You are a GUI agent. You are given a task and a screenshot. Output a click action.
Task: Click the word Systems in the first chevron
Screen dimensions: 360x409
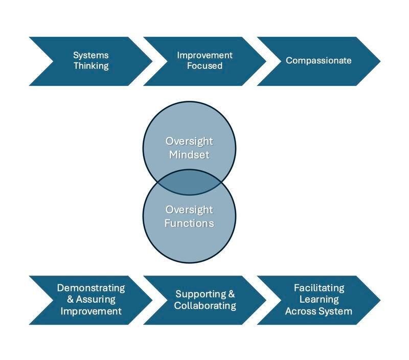(91, 55)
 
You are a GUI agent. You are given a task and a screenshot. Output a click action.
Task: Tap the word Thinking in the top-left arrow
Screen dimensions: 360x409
(91, 66)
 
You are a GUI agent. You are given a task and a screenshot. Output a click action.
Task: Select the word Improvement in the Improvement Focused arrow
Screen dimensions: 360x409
(204, 55)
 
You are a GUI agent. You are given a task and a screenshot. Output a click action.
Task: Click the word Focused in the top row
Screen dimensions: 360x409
(204, 66)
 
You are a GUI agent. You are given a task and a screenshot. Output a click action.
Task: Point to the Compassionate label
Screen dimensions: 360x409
(319, 61)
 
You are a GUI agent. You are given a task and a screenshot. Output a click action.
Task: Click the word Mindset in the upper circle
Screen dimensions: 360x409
(189, 154)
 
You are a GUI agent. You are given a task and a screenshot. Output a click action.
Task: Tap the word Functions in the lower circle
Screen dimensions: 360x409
(189, 223)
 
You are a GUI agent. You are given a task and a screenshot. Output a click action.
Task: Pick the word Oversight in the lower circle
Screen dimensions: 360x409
(189, 210)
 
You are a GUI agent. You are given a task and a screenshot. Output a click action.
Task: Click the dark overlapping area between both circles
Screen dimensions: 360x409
(189, 183)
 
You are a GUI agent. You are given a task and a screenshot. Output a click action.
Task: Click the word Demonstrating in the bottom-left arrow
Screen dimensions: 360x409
(91, 288)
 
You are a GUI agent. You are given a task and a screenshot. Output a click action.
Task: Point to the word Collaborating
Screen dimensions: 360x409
(204, 306)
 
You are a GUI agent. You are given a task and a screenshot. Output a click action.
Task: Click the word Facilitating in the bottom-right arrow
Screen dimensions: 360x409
(319, 288)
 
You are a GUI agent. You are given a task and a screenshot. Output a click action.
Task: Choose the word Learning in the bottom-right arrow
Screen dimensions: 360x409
(319, 300)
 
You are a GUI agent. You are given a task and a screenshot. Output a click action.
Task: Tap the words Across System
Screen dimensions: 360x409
(319, 311)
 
